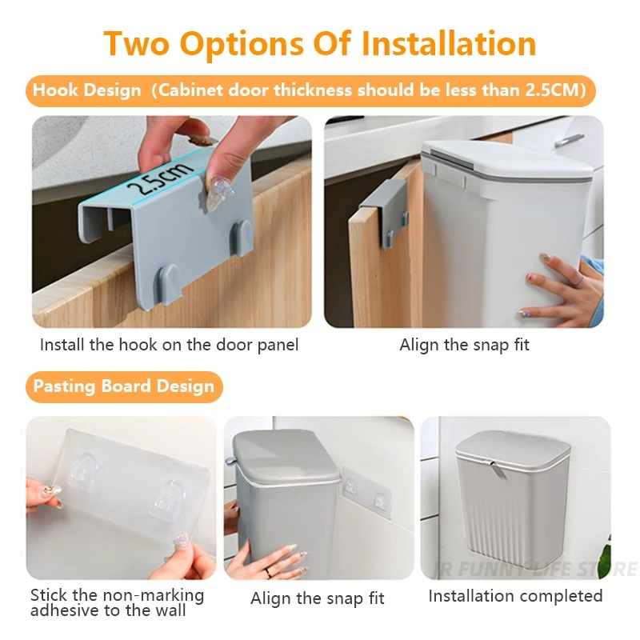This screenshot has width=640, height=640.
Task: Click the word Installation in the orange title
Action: pos(449,43)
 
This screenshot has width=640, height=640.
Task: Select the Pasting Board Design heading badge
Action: pos(124,386)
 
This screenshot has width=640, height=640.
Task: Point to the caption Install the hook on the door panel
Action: pos(170,345)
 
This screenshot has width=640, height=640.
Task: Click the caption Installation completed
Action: pos(515,596)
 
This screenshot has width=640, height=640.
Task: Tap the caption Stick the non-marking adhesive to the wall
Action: pos(117,603)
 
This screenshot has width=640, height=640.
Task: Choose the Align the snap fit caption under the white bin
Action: pos(464,345)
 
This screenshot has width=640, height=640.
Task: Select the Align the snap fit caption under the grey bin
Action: pos(318,598)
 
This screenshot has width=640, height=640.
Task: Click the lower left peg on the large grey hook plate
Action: pos(170,281)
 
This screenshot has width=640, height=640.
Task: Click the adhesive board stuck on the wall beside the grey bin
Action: pos(366,493)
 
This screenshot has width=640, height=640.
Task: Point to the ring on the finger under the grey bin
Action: pos(269,572)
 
